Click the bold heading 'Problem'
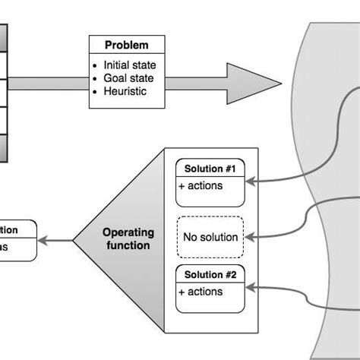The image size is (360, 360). point(127,45)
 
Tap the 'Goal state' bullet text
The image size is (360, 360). point(128,78)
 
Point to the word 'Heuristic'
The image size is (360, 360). point(125,92)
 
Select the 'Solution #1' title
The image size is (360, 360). point(210,168)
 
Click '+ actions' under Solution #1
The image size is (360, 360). point(201,185)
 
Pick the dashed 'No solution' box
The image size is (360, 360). point(210,237)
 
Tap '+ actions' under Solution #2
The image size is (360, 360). point(201,291)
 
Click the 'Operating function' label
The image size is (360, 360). point(128,239)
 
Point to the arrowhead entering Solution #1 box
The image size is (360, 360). point(251,182)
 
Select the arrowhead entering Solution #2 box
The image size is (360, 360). point(251,287)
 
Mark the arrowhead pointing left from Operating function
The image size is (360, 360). point(43,241)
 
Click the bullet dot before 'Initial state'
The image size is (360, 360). point(95,65)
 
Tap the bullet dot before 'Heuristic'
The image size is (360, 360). point(95,92)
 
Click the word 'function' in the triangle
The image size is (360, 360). point(128,245)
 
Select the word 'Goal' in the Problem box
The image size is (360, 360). point(116,78)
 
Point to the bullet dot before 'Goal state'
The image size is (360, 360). point(95,78)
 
